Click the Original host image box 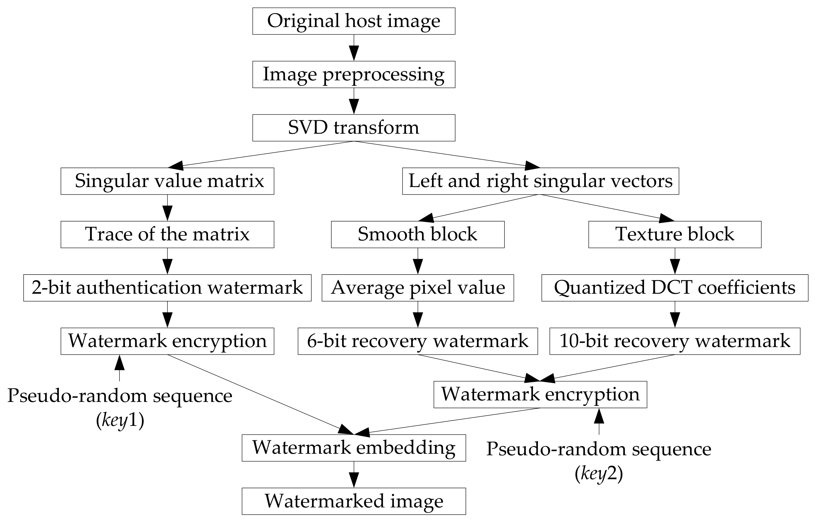click(x=354, y=21)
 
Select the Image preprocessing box click(x=354, y=75)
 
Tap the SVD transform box click(x=354, y=128)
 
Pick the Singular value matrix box click(x=167, y=181)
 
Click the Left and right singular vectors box click(x=541, y=181)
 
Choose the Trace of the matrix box click(x=167, y=235)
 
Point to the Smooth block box click(x=418, y=235)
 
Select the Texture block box click(x=675, y=235)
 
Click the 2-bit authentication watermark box click(x=167, y=288)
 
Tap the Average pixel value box click(x=418, y=288)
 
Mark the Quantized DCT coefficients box click(x=675, y=288)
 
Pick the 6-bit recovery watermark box click(x=418, y=341)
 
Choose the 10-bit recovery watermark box click(x=675, y=341)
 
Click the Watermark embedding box click(x=354, y=448)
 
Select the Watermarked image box click(x=354, y=501)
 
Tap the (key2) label click(x=599, y=474)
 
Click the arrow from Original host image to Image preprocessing click(x=354, y=48)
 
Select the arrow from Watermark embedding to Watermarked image click(x=354, y=475)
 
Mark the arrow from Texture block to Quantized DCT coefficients click(x=675, y=261)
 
